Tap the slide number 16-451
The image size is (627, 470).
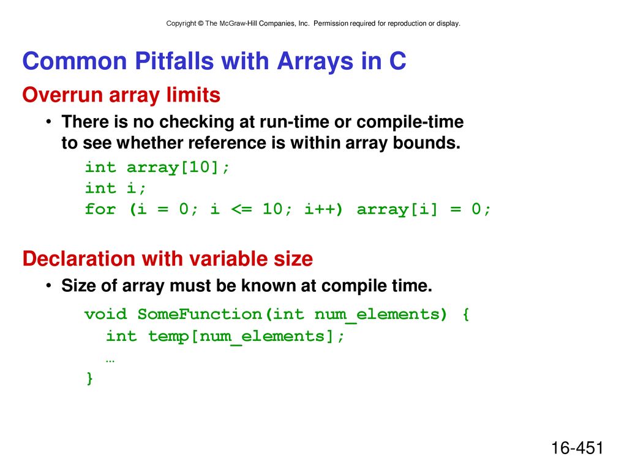pyautogui.click(x=577, y=448)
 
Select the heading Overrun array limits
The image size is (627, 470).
pyautogui.click(x=121, y=95)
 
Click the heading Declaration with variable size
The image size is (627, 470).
pyautogui.click(x=168, y=259)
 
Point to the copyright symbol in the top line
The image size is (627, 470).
pyautogui.click(x=201, y=24)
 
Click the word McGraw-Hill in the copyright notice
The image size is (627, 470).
pyautogui.click(x=238, y=24)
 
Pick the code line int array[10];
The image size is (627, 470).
pyautogui.click(x=157, y=167)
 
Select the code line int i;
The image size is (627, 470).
pyautogui.click(x=115, y=188)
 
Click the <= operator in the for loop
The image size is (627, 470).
pyautogui.click(x=241, y=209)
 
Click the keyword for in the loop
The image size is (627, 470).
pyautogui.click(x=100, y=209)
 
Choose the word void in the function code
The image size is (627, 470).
pyautogui.click(x=105, y=314)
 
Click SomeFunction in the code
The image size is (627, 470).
pyautogui.click(x=200, y=314)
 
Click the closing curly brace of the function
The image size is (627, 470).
pyautogui.click(x=89, y=378)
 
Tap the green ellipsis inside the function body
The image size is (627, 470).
pyautogui.click(x=110, y=361)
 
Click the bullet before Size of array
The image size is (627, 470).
pyautogui.click(x=48, y=285)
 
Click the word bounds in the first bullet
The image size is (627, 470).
pyautogui.click(x=426, y=143)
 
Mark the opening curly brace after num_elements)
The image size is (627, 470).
pyautogui.click(x=465, y=314)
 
